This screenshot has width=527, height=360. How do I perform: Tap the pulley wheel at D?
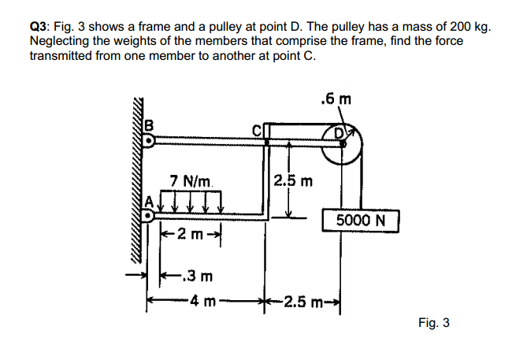click(343, 144)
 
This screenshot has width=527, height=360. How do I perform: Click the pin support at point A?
click(147, 213)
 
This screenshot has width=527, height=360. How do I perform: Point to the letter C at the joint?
click(256, 130)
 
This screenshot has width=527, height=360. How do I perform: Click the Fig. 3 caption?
click(432, 322)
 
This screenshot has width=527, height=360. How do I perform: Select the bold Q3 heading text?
click(41, 26)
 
